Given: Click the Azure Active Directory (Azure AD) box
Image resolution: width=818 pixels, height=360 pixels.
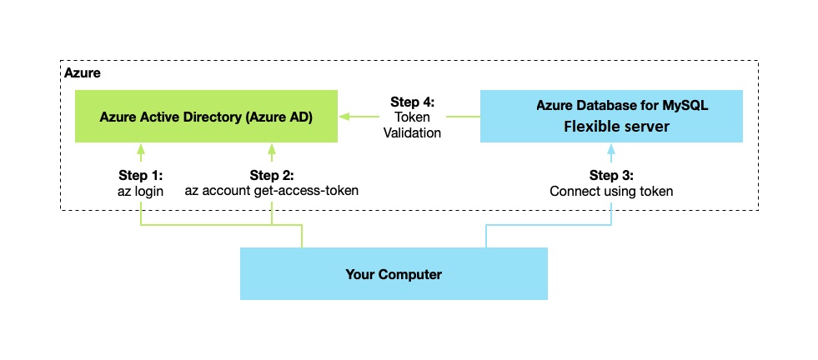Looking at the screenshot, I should (205, 116).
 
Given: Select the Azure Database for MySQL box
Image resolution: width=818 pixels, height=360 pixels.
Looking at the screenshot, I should (611, 116).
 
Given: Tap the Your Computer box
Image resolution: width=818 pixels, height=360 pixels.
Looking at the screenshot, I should (394, 273).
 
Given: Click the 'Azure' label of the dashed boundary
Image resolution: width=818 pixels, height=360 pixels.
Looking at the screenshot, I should (83, 73).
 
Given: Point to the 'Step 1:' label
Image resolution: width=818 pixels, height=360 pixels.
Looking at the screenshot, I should (140, 176).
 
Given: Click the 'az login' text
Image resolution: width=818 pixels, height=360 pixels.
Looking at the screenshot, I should (140, 191).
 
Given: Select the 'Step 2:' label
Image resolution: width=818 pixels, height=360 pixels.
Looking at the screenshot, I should (271, 176).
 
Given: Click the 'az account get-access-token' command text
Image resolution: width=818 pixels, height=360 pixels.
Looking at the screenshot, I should (271, 191).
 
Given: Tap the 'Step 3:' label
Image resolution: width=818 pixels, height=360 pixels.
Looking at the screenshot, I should (611, 176).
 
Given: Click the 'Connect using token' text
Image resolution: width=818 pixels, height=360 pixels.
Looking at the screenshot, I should (611, 191).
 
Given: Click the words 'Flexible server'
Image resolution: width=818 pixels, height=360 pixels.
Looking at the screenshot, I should (611, 127).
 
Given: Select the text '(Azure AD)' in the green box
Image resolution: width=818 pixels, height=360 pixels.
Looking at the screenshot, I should (280, 117).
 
